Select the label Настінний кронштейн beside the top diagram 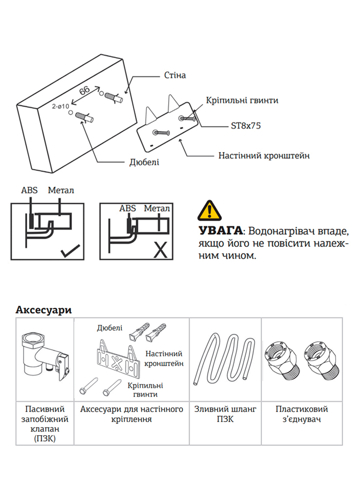click(x=264, y=155)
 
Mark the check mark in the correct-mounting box click(x=69, y=252)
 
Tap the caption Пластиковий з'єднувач click(x=301, y=415)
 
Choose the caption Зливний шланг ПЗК click(x=225, y=415)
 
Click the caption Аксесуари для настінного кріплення click(x=132, y=415)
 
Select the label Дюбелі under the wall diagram click(x=144, y=163)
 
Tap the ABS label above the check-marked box click(x=29, y=190)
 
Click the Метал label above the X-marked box click(x=157, y=208)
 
